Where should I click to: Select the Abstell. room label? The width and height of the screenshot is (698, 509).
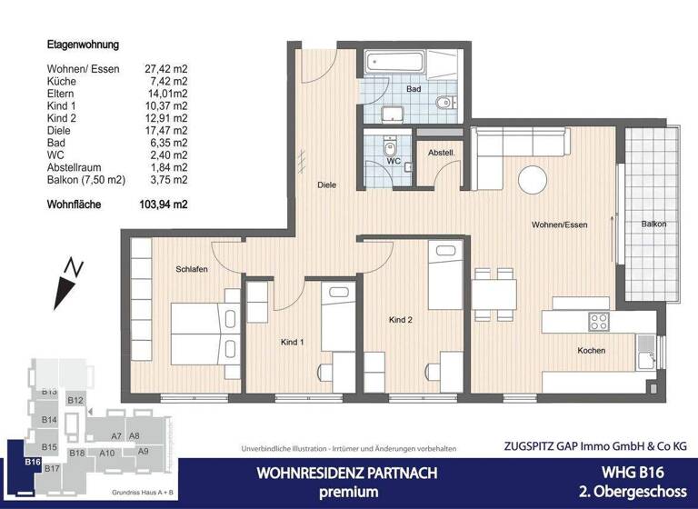pyautogui.click(x=441, y=154)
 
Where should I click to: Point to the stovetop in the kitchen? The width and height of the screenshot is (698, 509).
pyautogui.click(x=598, y=321)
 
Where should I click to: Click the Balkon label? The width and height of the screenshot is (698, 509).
pyautogui.click(x=653, y=224)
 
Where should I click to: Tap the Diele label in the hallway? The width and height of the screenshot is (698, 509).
pyautogui.click(x=326, y=185)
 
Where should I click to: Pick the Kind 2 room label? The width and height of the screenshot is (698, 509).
pyautogui.click(x=401, y=320)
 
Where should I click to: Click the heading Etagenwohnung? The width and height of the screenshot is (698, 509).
pyautogui.click(x=83, y=44)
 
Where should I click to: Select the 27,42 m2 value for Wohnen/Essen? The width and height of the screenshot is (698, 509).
pyautogui.click(x=166, y=68)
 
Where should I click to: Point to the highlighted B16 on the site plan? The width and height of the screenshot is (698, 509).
pyautogui.click(x=33, y=462)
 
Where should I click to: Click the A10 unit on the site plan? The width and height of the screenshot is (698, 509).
pyautogui.click(x=106, y=453)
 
